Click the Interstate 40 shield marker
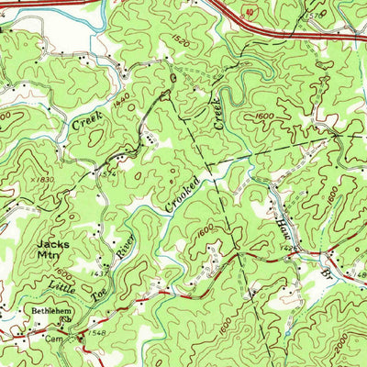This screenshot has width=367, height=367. [250, 12]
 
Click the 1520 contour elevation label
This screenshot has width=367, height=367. [179, 42]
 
